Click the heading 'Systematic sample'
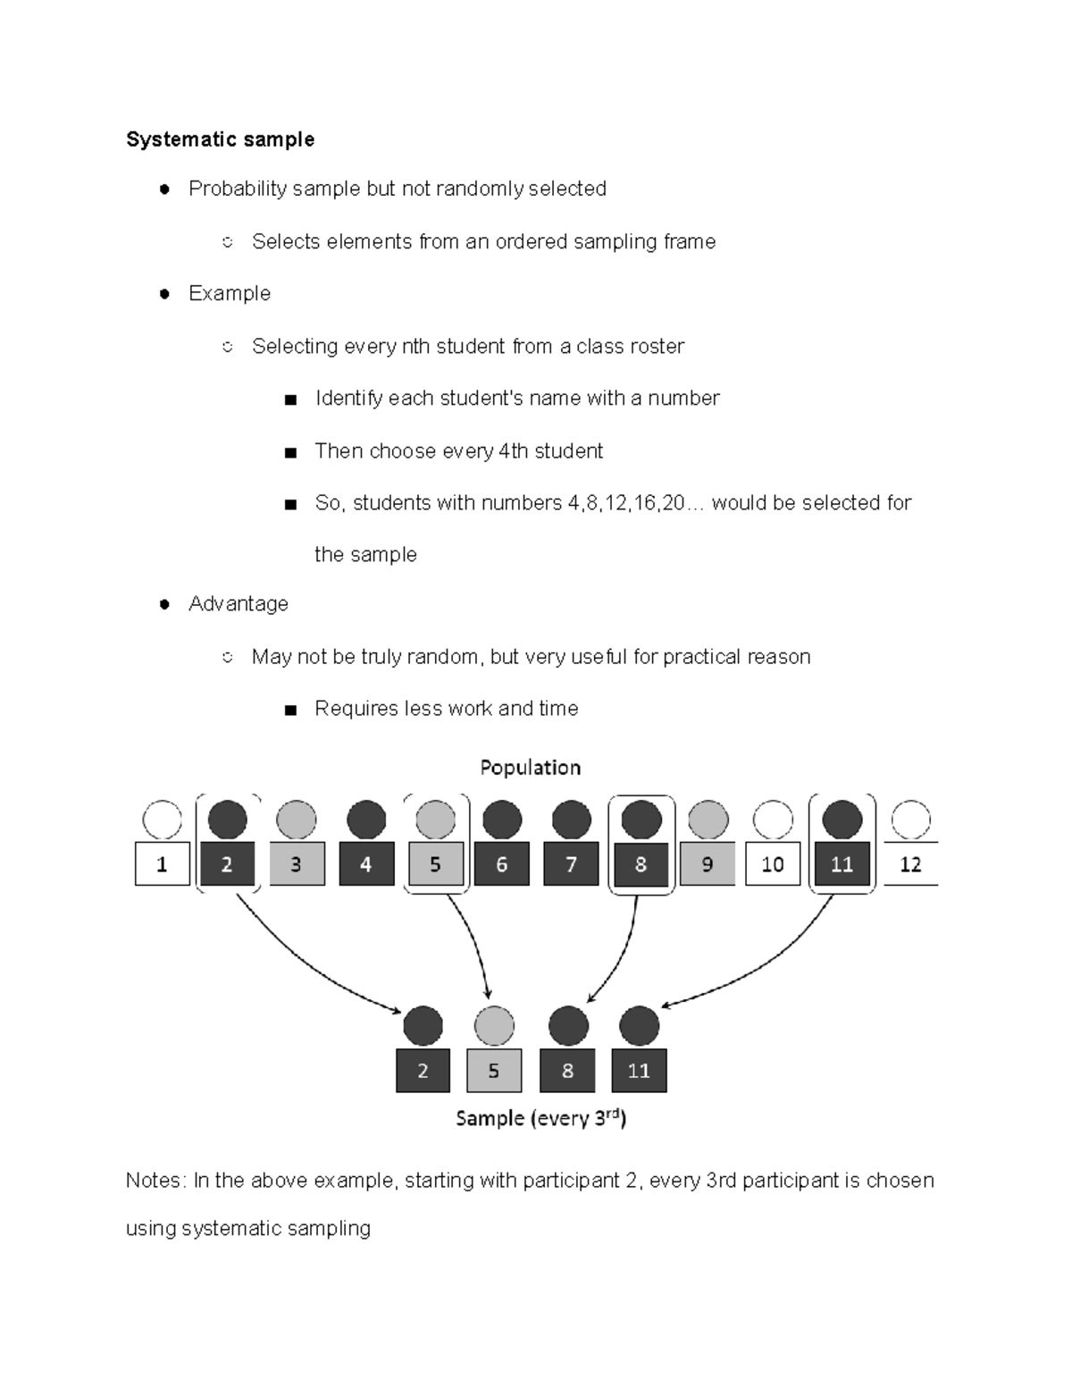(x=220, y=139)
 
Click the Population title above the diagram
(x=530, y=768)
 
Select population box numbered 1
(x=162, y=864)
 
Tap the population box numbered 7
(x=571, y=864)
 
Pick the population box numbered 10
(x=773, y=864)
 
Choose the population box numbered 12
(x=910, y=864)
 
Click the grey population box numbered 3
(x=296, y=864)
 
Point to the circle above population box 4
(x=365, y=820)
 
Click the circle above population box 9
(x=708, y=820)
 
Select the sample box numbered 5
(x=494, y=1071)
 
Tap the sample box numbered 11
(x=639, y=1071)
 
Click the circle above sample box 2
(x=423, y=1026)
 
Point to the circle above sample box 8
(x=567, y=1026)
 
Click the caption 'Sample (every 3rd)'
(x=540, y=1118)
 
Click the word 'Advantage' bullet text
(x=239, y=604)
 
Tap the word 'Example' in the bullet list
(x=230, y=293)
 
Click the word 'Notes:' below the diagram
(x=155, y=1181)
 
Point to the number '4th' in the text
(x=513, y=451)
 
